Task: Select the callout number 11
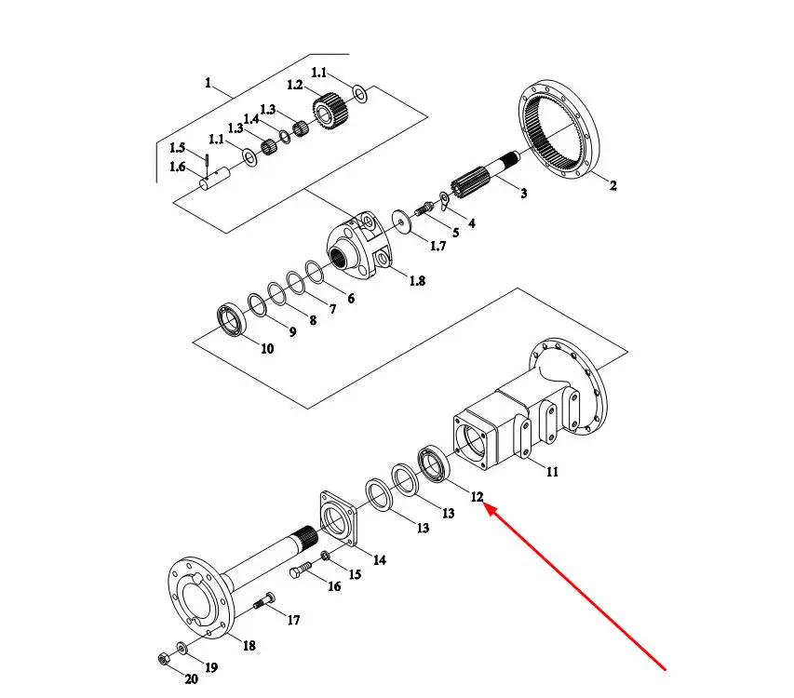point(552,472)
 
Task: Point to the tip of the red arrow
point(485,503)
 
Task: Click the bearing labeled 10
point(231,318)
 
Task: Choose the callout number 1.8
point(417,280)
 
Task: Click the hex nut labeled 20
point(164,659)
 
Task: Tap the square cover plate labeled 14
point(339,518)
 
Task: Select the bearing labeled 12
point(433,463)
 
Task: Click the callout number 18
point(249,646)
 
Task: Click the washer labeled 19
point(182,649)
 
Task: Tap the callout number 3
point(524,193)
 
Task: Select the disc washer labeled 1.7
point(401,221)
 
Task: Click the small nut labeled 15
point(326,557)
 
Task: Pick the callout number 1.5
point(177,148)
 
